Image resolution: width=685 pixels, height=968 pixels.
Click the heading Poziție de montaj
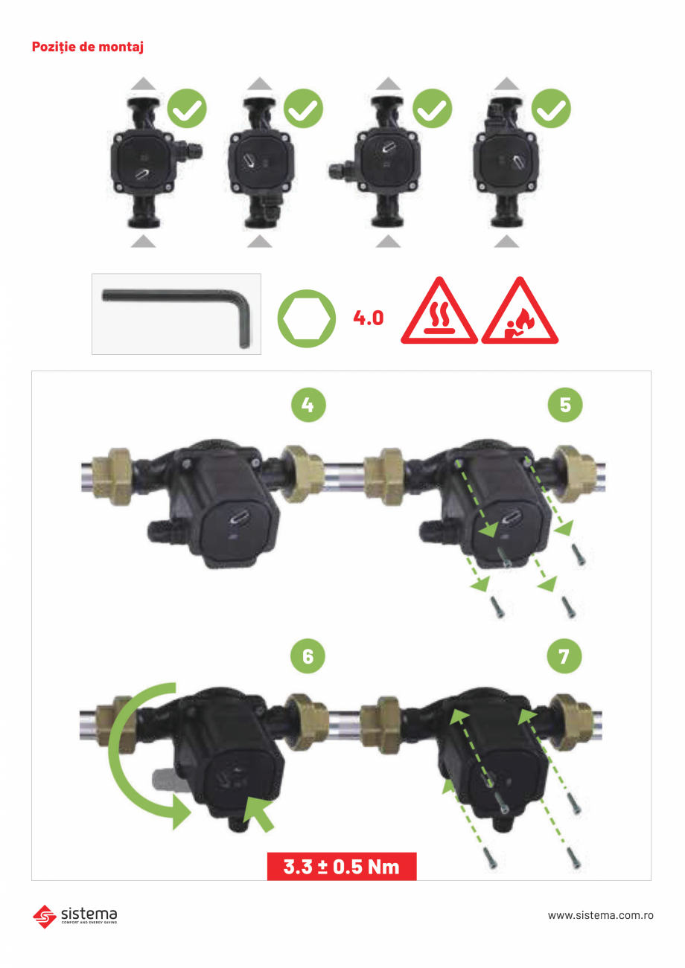[x=88, y=47]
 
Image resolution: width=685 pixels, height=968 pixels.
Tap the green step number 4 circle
[x=308, y=405]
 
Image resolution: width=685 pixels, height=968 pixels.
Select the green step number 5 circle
[x=565, y=405]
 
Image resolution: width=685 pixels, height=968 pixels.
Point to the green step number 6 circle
[x=308, y=656]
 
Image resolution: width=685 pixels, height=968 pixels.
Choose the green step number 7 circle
[x=564, y=656]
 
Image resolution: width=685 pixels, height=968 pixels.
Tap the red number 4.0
[x=369, y=318]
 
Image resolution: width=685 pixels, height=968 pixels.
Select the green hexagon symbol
[x=307, y=318]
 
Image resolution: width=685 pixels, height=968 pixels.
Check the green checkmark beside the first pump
[x=187, y=109]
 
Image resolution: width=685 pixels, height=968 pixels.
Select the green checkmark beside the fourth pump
[x=551, y=109]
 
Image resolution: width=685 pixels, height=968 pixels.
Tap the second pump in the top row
[x=261, y=162]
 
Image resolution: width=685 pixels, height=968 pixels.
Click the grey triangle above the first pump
[x=143, y=84]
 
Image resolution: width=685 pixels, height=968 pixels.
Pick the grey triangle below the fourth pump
[x=506, y=241]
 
